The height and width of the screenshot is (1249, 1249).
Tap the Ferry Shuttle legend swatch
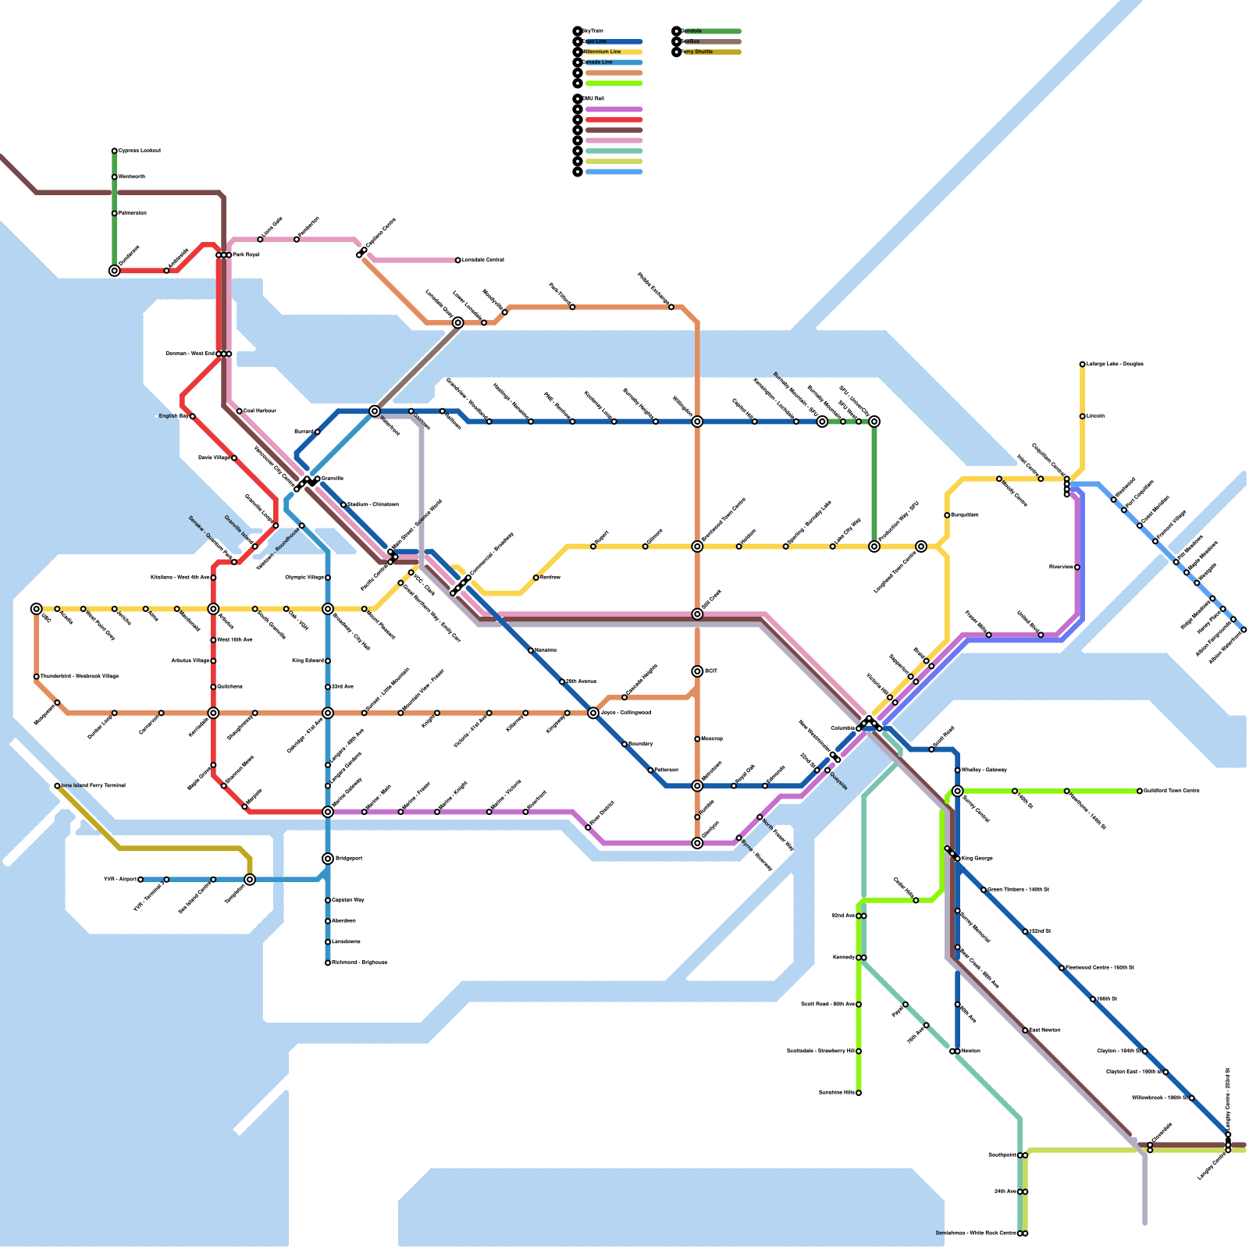pyautogui.click(x=710, y=52)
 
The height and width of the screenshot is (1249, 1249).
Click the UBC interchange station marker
pyautogui.click(x=36, y=609)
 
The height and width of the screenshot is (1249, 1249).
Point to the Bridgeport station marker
pyautogui.click(x=328, y=859)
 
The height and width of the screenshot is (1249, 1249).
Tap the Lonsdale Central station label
pyautogui.click(x=483, y=260)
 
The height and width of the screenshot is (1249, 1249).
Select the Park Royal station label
pyautogui.click(x=247, y=255)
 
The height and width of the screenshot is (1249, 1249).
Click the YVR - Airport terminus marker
pyautogui.click(x=141, y=880)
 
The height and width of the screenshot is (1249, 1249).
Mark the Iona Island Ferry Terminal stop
pyautogui.click(x=57, y=786)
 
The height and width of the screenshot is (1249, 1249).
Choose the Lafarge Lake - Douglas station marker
pyautogui.click(x=1082, y=365)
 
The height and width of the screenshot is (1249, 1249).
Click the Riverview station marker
pyautogui.click(x=1077, y=568)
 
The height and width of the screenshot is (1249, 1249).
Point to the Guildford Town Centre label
pyautogui.click(x=1172, y=791)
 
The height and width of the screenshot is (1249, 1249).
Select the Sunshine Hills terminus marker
pyautogui.click(x=859, y=1093)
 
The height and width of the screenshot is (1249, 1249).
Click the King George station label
pyautogui.click(x=977, y=859)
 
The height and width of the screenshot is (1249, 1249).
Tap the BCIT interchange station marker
pyautogui.click(x=697, y=671)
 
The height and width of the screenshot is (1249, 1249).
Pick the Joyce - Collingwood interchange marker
pyautogui.click(x=593, y=713)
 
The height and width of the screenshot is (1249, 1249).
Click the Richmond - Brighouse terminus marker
pyautogui.click(x=328, y=963)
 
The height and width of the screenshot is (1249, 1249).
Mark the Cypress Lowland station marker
pyautogui.click(x=115, y=151)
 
